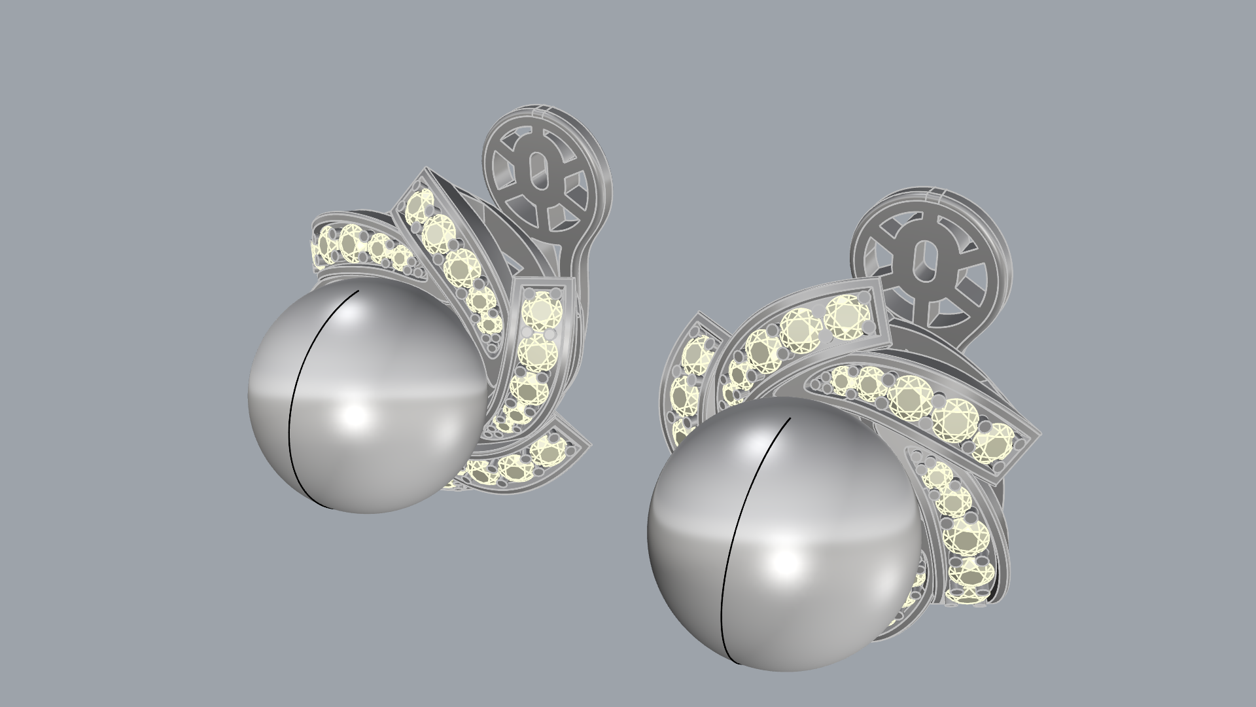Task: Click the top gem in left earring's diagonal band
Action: [x=419, y=206]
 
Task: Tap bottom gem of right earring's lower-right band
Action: [x=969, y=576]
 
